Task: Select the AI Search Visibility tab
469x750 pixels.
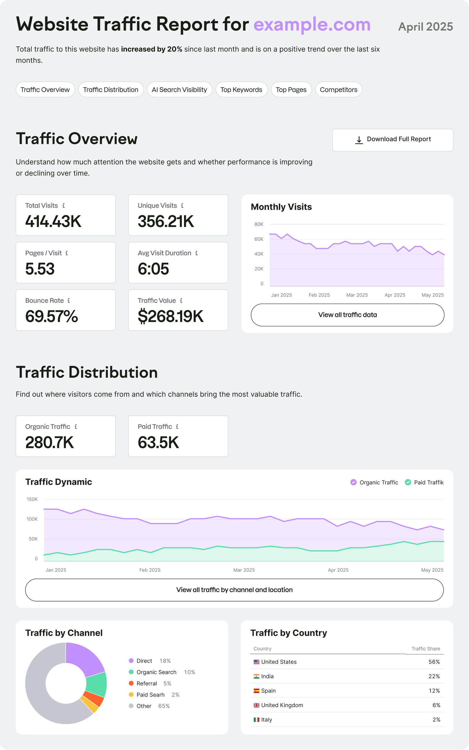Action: (x=179, y=90)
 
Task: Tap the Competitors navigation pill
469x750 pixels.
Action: (x=338, y=90)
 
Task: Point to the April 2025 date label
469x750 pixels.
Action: (x=425, y=27)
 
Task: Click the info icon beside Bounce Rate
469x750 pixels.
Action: (x=69, y=300)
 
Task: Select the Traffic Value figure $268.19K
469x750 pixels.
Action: (x=170, y=316)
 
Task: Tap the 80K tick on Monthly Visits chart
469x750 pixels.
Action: (x=259, y=224)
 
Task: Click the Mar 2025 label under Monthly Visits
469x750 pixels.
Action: (x=357, y=295)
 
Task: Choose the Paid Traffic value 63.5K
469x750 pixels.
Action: (x=158, y=442)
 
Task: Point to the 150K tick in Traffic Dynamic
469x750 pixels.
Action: (x=32, y=499)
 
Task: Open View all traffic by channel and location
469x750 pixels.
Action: (x=234, y=590)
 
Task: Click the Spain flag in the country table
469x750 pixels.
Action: (x=256, y=691)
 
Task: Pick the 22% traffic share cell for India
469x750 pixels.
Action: (x=434, y=676)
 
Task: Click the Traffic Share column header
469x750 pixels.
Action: (x=426, y=649)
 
